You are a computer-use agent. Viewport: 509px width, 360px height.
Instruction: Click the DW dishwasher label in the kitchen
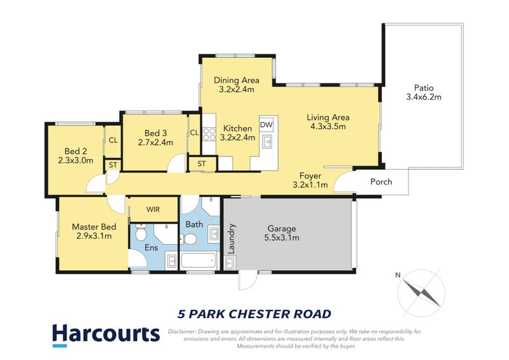(x=266, y=125)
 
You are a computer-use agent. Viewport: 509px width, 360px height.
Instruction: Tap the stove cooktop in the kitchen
(x=209, y=134)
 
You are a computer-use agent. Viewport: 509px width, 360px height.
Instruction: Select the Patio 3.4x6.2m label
(x=423, y=93)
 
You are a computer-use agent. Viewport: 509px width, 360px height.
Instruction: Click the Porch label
(x=381, y=182)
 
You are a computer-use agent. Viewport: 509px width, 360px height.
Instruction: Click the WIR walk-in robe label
(x=153, y=209)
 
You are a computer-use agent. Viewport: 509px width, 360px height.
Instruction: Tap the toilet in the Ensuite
(x=141, y=234)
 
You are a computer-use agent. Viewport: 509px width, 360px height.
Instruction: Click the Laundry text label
(x=232, y=238)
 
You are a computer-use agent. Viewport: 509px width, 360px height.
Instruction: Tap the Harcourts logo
(x=105, y=334)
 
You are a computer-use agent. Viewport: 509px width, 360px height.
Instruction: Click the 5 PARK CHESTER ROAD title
(x=253, y=314)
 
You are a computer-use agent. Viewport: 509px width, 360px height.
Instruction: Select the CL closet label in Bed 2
(x=113, y=141)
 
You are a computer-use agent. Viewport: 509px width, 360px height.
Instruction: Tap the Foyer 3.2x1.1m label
(x=310, y=181)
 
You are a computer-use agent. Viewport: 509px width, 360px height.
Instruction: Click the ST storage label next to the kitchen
(x=201, y=163)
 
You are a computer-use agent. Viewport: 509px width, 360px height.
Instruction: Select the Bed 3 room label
(x=155, y=137)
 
